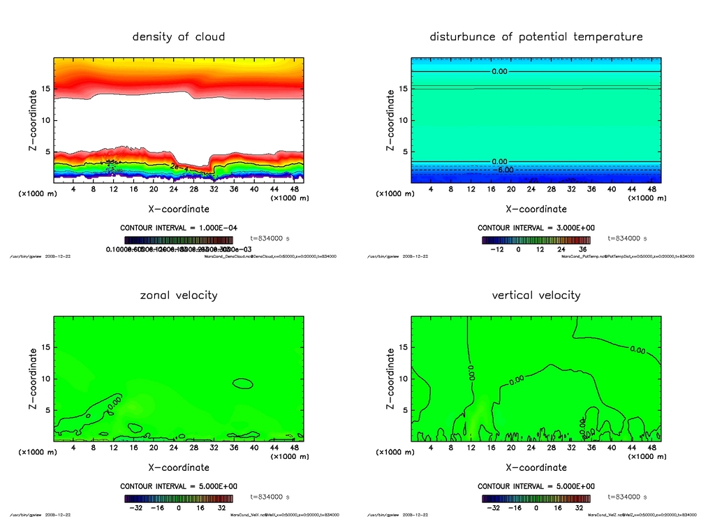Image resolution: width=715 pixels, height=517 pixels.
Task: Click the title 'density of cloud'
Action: click(x=179, y=36)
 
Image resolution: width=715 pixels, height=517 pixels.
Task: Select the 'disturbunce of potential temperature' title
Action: click(x=536, y=36)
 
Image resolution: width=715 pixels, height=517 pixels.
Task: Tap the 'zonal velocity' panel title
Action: click(x=179, y=295)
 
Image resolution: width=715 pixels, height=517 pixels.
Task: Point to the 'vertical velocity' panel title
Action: click(x=536, y=295)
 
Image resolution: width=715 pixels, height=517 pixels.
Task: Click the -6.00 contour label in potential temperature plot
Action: click(x=504, y=170)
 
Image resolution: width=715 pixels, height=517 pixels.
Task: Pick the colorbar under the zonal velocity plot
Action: click(x=179, y=499)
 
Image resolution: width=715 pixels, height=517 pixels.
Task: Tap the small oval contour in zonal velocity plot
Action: click(x=243, y=383)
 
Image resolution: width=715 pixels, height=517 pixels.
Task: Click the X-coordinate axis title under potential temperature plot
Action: click(x=536, y=209)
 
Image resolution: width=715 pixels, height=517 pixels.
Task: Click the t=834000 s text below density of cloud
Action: click(x=270, y=239)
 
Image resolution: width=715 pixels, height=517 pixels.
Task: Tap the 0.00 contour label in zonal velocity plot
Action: click(x=115, y=402)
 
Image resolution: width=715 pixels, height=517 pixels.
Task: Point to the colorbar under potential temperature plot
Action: click(x=536, y=240)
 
